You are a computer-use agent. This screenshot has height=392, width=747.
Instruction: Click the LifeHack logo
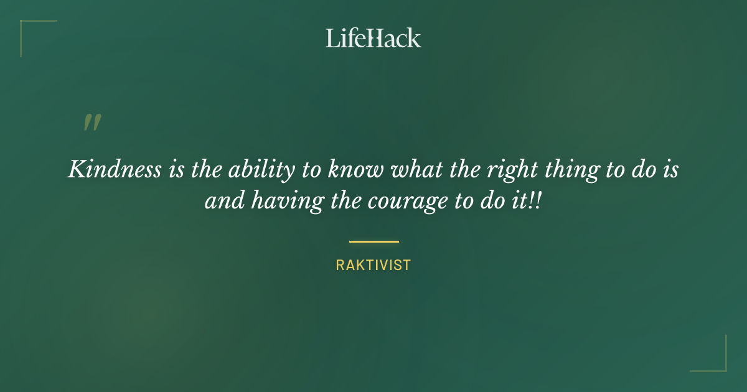[374, 38]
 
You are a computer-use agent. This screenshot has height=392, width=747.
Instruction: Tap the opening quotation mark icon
[92, 123]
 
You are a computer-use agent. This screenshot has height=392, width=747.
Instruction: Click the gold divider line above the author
[374, 241]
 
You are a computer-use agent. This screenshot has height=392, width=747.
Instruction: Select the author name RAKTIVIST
[374, 265]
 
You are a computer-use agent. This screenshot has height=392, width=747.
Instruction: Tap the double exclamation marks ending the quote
[537, 202]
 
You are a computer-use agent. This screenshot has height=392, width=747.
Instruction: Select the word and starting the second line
[220, 203]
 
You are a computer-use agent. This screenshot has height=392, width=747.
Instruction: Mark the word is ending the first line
[670, 170]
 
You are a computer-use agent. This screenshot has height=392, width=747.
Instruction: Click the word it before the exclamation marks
[520, 202]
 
